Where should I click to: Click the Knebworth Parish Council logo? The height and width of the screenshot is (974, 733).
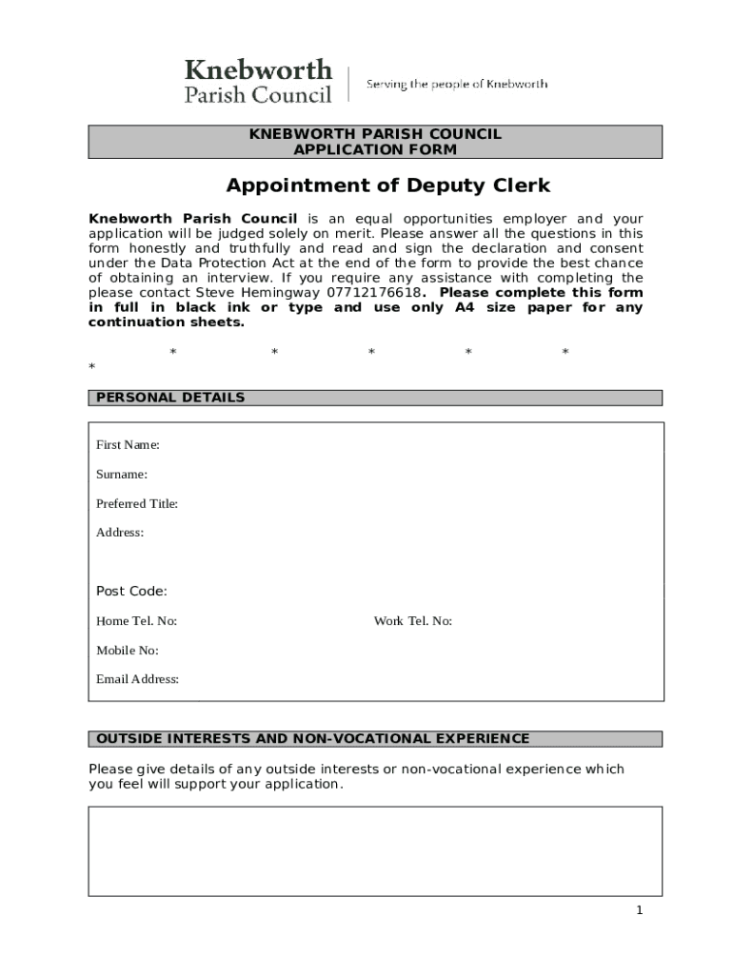[x=258, y=81]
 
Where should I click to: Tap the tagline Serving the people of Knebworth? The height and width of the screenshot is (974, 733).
[x=457, y=84]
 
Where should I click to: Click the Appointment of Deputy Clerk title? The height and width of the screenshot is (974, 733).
[x=387, y=185]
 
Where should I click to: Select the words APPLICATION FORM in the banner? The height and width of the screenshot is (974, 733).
[x=375, y=149]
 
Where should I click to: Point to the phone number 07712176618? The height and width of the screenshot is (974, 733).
[x=374, y=293]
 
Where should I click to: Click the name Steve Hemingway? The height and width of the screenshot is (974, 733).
[x=258, y=293]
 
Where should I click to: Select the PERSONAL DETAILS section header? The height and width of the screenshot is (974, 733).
[x=170, y=398]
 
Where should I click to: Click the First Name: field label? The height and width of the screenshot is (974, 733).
[x=128, y=445]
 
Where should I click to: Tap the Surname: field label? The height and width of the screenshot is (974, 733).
[x=122, y=475]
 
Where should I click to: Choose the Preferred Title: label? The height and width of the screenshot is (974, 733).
[x=137, y=504]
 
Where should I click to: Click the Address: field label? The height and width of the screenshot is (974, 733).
[x=120, y=533]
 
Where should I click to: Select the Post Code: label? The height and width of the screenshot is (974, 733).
[x=131, y=592]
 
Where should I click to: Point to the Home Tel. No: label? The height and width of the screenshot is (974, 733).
[x=136, y=621]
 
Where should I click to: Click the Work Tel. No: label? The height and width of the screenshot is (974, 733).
[x=412, y=621]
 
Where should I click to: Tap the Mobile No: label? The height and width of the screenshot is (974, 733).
[x=128, y=651]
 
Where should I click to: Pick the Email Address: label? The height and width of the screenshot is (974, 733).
[x=137, y=679]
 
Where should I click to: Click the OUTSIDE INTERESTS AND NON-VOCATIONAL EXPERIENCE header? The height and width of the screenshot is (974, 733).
[x=313, y=739]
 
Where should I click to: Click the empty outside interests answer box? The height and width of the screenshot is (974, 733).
[x=375, y=851]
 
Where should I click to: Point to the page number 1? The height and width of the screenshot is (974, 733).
[x=640, y=910]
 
